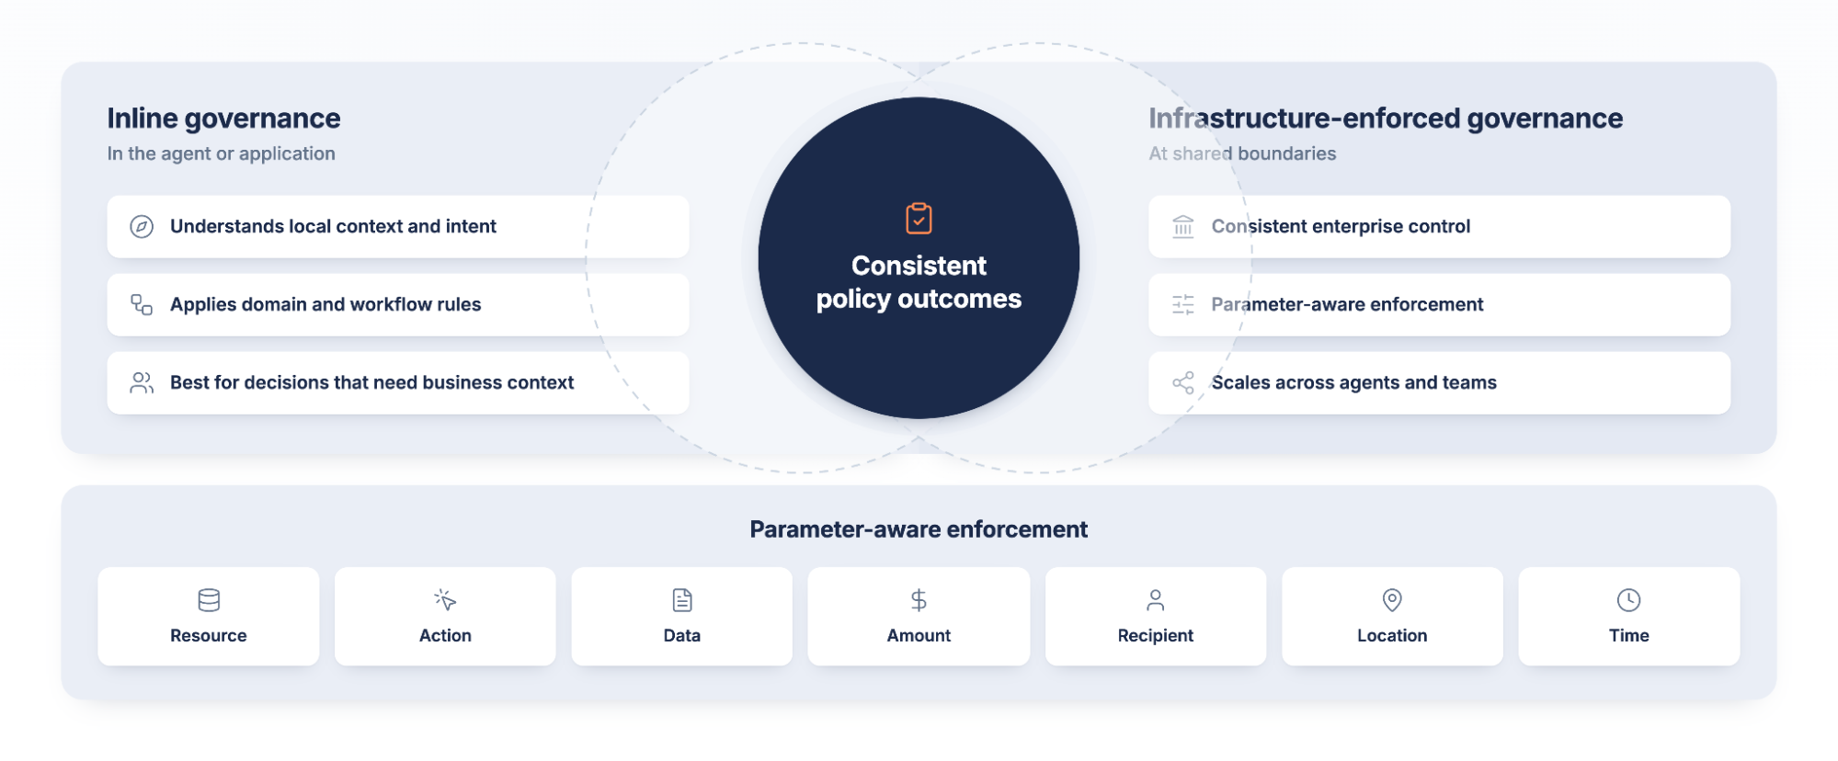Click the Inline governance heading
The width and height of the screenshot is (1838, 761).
coord(223,119)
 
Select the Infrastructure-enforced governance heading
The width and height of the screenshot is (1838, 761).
coord(1386,119)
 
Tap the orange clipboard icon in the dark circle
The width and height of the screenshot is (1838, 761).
coord(919,219)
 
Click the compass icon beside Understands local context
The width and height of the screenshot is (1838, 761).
coord(142,227)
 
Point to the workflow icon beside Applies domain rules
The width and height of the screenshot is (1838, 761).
coord(142,304)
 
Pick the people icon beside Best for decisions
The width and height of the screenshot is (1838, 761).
coord(142,382)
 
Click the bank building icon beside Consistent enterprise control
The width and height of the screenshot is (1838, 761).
coord(1183,227)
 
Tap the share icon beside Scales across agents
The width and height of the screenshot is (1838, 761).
coord(1183,382)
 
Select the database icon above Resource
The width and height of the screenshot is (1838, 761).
coord(209,600)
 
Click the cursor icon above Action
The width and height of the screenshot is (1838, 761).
coord(445,600)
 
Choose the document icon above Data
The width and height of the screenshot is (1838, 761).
coord(682,600)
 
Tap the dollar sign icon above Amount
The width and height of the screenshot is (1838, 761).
coord(919,600)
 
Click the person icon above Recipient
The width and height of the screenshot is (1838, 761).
coord(1156,600)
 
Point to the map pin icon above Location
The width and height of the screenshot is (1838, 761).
coord(1392,600)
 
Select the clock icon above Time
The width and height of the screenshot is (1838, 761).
coord(1628,600)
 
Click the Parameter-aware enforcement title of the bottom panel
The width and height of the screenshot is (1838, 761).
coord(919,529)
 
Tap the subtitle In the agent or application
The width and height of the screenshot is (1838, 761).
coord(221,153)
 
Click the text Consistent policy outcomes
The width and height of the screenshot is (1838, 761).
coord(919,282)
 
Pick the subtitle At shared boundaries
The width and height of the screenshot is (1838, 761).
coord(1242,153)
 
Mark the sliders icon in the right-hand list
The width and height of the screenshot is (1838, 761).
coord(1183,304)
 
